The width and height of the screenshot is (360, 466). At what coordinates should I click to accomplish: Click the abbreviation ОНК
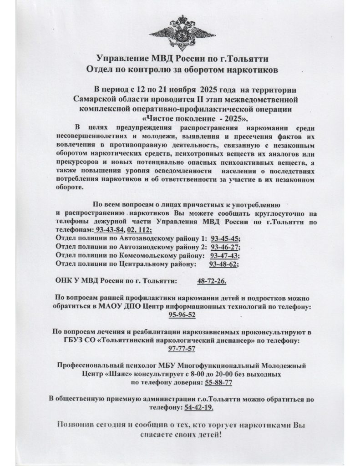click(x=62, y=281)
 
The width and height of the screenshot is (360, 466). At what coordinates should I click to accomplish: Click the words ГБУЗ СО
click(x=71, y=341)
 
